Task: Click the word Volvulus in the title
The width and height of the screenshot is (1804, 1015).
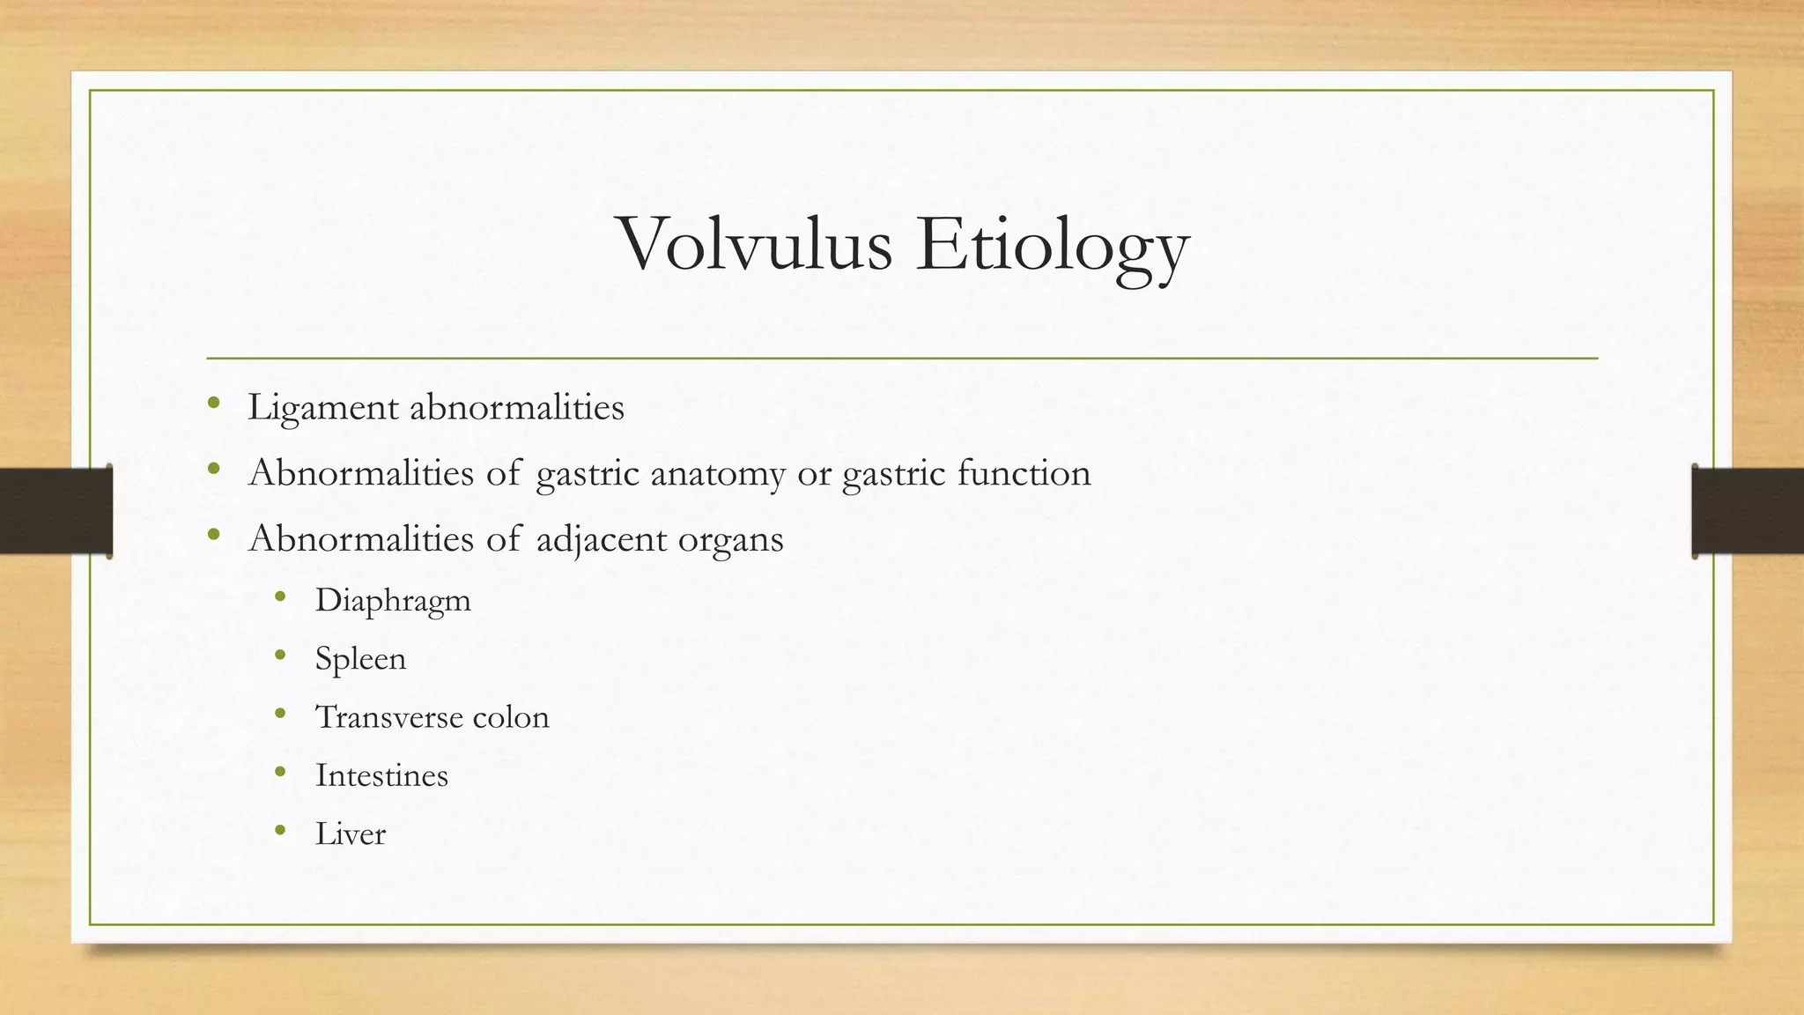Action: [756, 244]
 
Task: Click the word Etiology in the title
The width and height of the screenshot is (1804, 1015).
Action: [1053, 247]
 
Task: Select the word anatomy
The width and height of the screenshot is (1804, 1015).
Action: [718, 474]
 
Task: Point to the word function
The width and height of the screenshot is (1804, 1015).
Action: [1024, 473]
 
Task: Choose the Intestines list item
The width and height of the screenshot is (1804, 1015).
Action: [381, 775]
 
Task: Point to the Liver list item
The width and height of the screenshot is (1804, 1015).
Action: [351, 833]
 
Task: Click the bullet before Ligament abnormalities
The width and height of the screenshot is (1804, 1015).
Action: [213, 405]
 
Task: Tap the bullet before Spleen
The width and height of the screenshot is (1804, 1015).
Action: [280, 656]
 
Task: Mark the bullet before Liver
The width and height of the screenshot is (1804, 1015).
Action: [280, 830]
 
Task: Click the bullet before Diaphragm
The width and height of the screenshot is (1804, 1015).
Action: [280, 597]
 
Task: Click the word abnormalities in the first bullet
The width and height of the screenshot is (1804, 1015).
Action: [517, 407]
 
